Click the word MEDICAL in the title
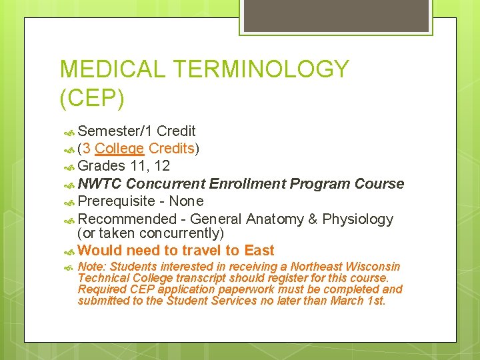(x=111, y=69)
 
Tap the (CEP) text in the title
(x=92, y=98)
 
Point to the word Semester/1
(x=115, y=131)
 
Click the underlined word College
(x=119, y=148)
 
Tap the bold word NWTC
(x=99, y=183)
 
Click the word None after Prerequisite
(x=186, y=201)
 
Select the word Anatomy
(x=274, y=219)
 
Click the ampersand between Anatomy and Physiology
(x=312, y=219)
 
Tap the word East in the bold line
(x=259, y=251)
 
